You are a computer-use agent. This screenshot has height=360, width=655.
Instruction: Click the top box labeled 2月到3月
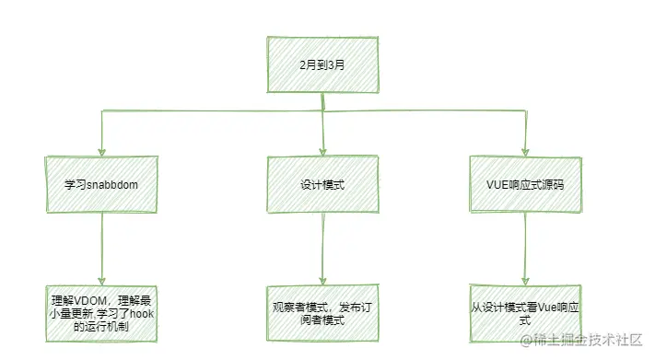coord(322,64)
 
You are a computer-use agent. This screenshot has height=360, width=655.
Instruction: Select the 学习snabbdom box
coord(100,183)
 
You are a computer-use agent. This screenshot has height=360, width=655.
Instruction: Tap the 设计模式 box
coord(322,183)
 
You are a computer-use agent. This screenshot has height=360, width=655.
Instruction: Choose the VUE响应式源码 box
coord(524,183)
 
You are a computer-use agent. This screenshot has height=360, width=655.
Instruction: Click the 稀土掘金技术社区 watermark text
coord(590,343)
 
